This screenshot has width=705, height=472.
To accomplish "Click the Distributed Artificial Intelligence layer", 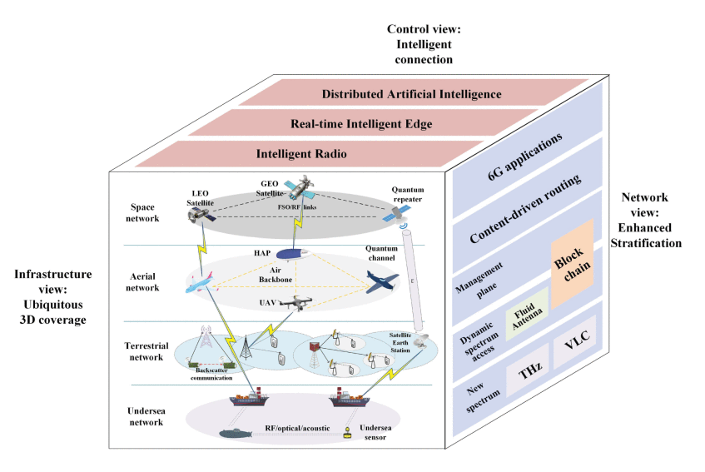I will coord(411,94).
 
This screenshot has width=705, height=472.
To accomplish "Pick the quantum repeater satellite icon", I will coord(390,213).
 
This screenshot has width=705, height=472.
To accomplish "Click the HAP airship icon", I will coord(292,252).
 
